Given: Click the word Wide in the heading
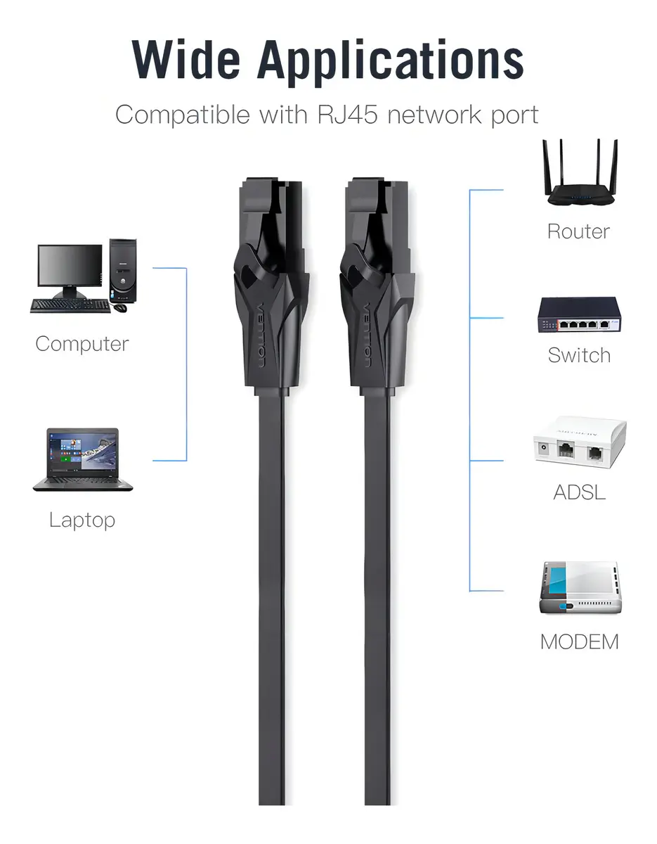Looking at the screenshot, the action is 186,59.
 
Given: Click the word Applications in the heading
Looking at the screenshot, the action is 391,63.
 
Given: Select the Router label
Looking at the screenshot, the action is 578,231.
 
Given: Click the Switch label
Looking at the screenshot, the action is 579,355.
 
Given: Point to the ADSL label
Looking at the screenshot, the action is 579,492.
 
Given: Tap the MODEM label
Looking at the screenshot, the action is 580,641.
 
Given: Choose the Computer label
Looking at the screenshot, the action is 82,344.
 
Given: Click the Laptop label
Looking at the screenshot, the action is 82,520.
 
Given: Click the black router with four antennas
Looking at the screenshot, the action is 580,173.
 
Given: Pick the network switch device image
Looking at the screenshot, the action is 579,314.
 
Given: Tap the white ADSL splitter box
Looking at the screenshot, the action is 580,442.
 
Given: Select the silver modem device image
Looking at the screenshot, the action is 580,587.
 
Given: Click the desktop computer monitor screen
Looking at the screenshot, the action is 70,266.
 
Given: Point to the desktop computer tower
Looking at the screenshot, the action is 123,270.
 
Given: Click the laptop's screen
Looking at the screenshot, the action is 83,452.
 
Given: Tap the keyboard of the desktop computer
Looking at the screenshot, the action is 70,306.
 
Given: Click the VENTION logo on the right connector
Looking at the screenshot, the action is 367,335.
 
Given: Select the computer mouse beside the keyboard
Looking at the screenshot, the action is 121,307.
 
